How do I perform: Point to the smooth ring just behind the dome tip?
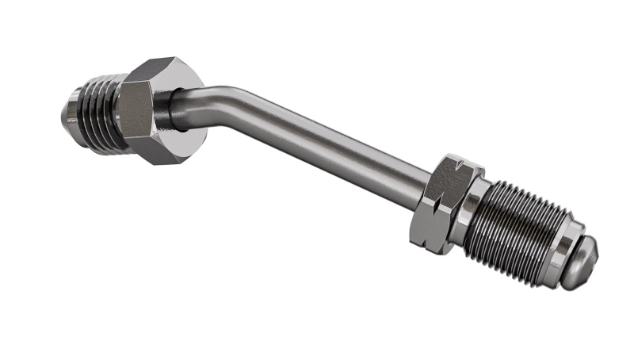[x=566, y=249]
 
